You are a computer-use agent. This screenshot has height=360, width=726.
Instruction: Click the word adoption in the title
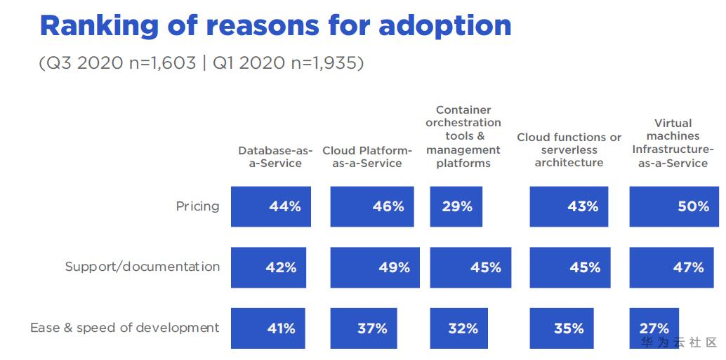[444, 26]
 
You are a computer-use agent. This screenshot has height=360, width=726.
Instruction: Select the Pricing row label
[197, 206]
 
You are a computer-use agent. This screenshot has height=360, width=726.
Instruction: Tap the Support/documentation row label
[142, 267]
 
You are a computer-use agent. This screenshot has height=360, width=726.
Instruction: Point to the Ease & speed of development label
[124, 328]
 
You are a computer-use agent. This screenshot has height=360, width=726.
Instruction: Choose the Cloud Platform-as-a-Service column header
[367, 156]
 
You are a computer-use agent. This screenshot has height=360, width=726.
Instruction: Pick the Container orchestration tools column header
[463, 137]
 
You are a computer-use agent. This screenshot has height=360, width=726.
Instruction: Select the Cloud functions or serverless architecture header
[569, 149]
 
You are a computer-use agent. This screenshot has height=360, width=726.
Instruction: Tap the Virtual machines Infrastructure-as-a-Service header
[673, 143]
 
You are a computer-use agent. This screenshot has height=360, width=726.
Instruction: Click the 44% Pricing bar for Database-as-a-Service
[270, 206]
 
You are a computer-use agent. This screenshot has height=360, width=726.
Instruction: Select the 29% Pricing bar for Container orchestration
[456, 206]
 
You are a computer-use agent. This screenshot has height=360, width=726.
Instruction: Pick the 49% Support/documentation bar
[375, 267]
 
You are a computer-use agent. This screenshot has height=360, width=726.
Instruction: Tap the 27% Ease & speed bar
[654, 328]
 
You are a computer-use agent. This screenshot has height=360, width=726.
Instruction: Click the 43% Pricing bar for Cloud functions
[568, 206]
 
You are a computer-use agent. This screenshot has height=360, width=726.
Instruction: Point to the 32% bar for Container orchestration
[458, 328]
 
